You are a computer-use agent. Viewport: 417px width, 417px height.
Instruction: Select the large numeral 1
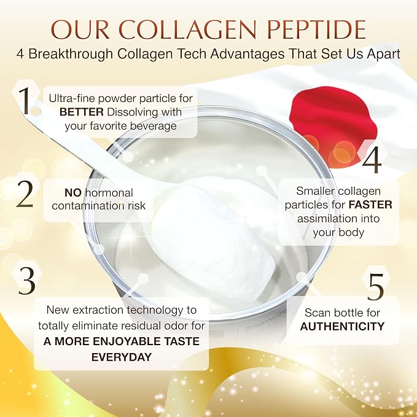click(x=26, y=101)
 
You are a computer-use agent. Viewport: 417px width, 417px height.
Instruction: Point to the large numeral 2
click(x=25, y=194)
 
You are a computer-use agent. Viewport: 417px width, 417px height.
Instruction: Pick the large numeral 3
click(x=26, y=280)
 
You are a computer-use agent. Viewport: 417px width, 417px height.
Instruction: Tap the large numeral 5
click(x=375, y=286)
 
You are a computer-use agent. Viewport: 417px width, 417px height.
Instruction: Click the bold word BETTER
click(x=82, y=112)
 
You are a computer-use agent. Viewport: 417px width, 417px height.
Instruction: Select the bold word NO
click(x=73, y=193)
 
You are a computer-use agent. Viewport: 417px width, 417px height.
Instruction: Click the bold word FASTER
click(x=370, y=205)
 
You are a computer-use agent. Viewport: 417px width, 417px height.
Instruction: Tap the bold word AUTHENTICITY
click(x=342, y=326)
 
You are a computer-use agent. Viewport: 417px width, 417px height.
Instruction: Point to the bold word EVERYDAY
click(x=122, y=357)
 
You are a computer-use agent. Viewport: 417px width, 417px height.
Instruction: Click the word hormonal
click(x=109, y=193)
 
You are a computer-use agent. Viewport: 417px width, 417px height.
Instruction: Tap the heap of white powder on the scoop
click(x=212, y=240)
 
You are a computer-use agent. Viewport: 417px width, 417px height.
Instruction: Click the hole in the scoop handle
click(x=36, y=111)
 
